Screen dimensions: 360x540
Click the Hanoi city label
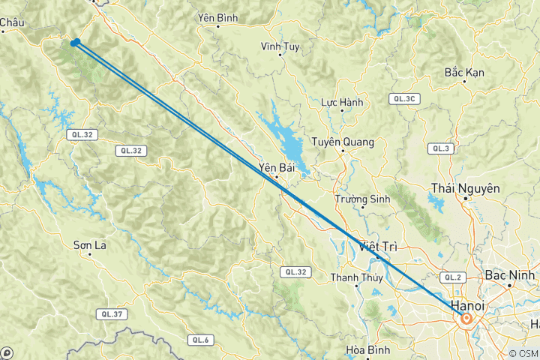(467, 306)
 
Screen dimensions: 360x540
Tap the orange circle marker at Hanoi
(466, 319)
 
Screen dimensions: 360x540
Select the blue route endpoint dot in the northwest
(76, 42)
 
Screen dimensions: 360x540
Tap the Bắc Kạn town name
(464, 72)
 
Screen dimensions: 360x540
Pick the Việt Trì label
(378, 246)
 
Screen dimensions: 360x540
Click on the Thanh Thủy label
(357, 277)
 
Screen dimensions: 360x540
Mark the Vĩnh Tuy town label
(280, 46)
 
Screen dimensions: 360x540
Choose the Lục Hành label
(342, 102)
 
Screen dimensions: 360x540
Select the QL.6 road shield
(199, 340)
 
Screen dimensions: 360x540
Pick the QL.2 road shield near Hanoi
(452, 277)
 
